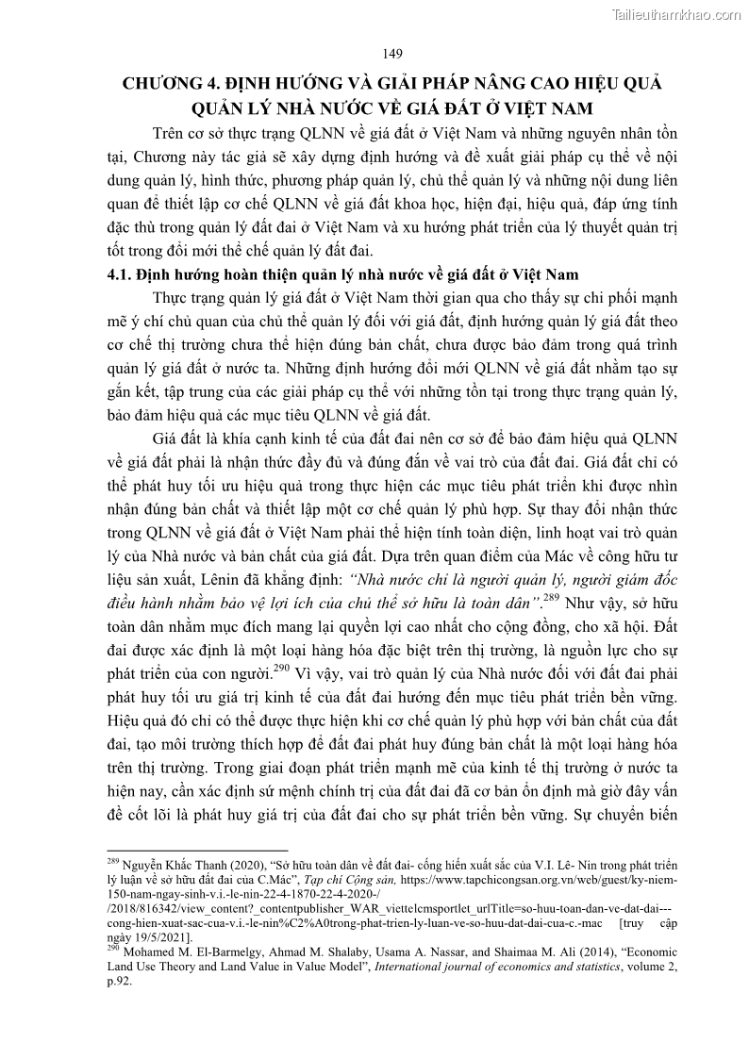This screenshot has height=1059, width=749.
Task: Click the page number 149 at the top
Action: tap(393, 53)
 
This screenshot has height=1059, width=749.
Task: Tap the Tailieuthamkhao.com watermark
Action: tap(677, 13)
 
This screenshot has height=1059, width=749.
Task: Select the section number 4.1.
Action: tap(118, 274)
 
